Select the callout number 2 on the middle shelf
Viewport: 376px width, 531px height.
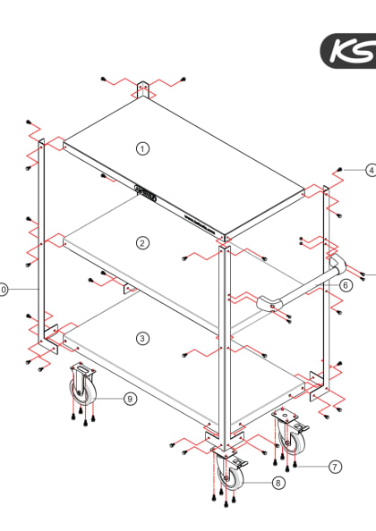point(142,242)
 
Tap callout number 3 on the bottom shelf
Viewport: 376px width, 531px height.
point(142,337)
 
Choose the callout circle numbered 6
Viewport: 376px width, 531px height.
point(346,285)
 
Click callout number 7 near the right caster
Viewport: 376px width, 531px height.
point(335,466)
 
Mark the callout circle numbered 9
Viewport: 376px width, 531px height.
point(130,399)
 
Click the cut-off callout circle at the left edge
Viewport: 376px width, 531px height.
point(3,290)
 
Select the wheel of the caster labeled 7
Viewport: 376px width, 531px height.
point(292,439)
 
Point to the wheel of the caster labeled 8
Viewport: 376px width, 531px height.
point(230,476)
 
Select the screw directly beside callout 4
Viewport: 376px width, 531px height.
point(342,169)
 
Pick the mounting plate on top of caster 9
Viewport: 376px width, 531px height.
point(83,370)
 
